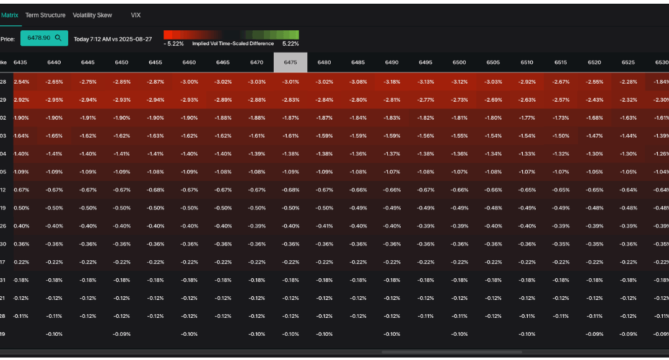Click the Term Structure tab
pos(45,15)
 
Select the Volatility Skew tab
pos(92,15)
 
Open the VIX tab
pos(136,15)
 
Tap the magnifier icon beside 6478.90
pos(58,38)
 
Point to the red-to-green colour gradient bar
pos(231,35)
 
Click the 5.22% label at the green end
pos(291,44)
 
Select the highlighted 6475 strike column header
pos(291,63)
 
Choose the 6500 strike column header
pos(459,63)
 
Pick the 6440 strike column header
pos(54,63)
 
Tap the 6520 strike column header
pos(594,63)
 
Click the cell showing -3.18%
pos(391,82)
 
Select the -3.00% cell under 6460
pos(189,82)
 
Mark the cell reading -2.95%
pos(54,100)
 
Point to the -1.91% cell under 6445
pos(88,118)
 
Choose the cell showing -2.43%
pos(594,100)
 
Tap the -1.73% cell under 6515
pos(561,118)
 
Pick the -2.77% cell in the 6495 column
pos(426,100)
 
